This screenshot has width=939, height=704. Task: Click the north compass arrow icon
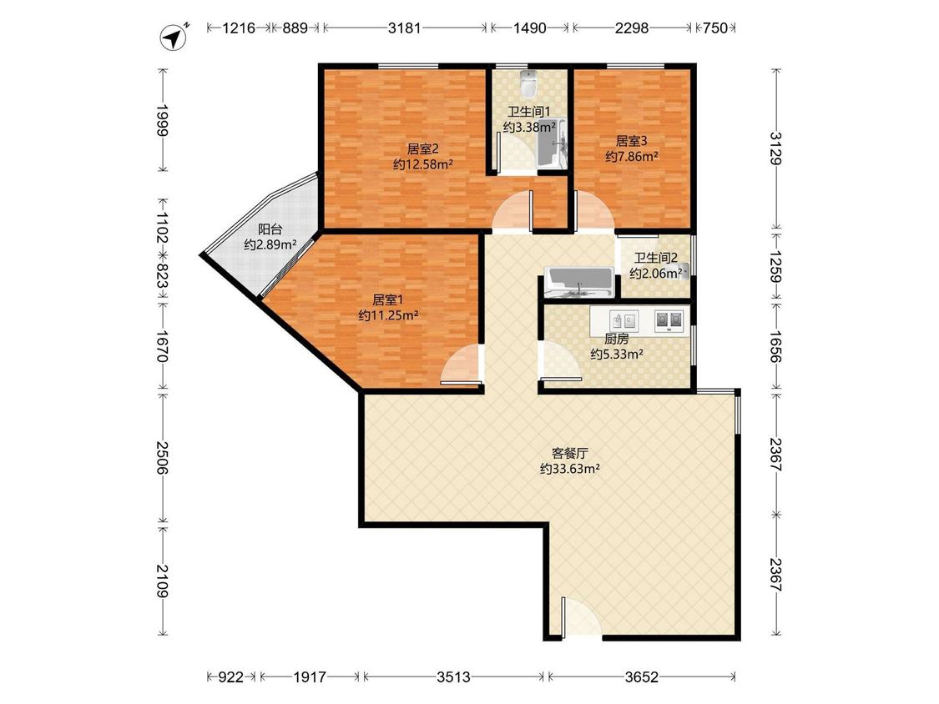coord(174,37)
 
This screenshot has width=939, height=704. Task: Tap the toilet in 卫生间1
coord(528,83)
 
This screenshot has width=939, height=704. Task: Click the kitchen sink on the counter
coord(623,320)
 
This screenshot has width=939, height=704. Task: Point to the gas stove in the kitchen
coord(669,320)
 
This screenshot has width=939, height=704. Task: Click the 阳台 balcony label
coord(270,229)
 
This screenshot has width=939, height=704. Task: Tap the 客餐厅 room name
coord(569,453)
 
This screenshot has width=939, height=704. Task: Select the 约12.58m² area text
coord(423,164)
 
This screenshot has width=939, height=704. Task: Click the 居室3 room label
coord(632,141)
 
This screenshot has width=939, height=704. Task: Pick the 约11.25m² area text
coord(388,315)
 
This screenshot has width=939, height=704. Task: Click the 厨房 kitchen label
coord(616,339)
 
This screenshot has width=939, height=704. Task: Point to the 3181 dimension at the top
coord(404,28)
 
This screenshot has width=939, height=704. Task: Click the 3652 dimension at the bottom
coord(641,677)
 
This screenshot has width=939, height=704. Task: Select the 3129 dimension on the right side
coord(776,148)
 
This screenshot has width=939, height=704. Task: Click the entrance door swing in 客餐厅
coord(581,616)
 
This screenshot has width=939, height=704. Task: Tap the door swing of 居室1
coord(462,364)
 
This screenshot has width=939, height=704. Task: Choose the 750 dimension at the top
coord(715,28)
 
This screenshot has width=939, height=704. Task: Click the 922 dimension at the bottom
coord(230,677)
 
